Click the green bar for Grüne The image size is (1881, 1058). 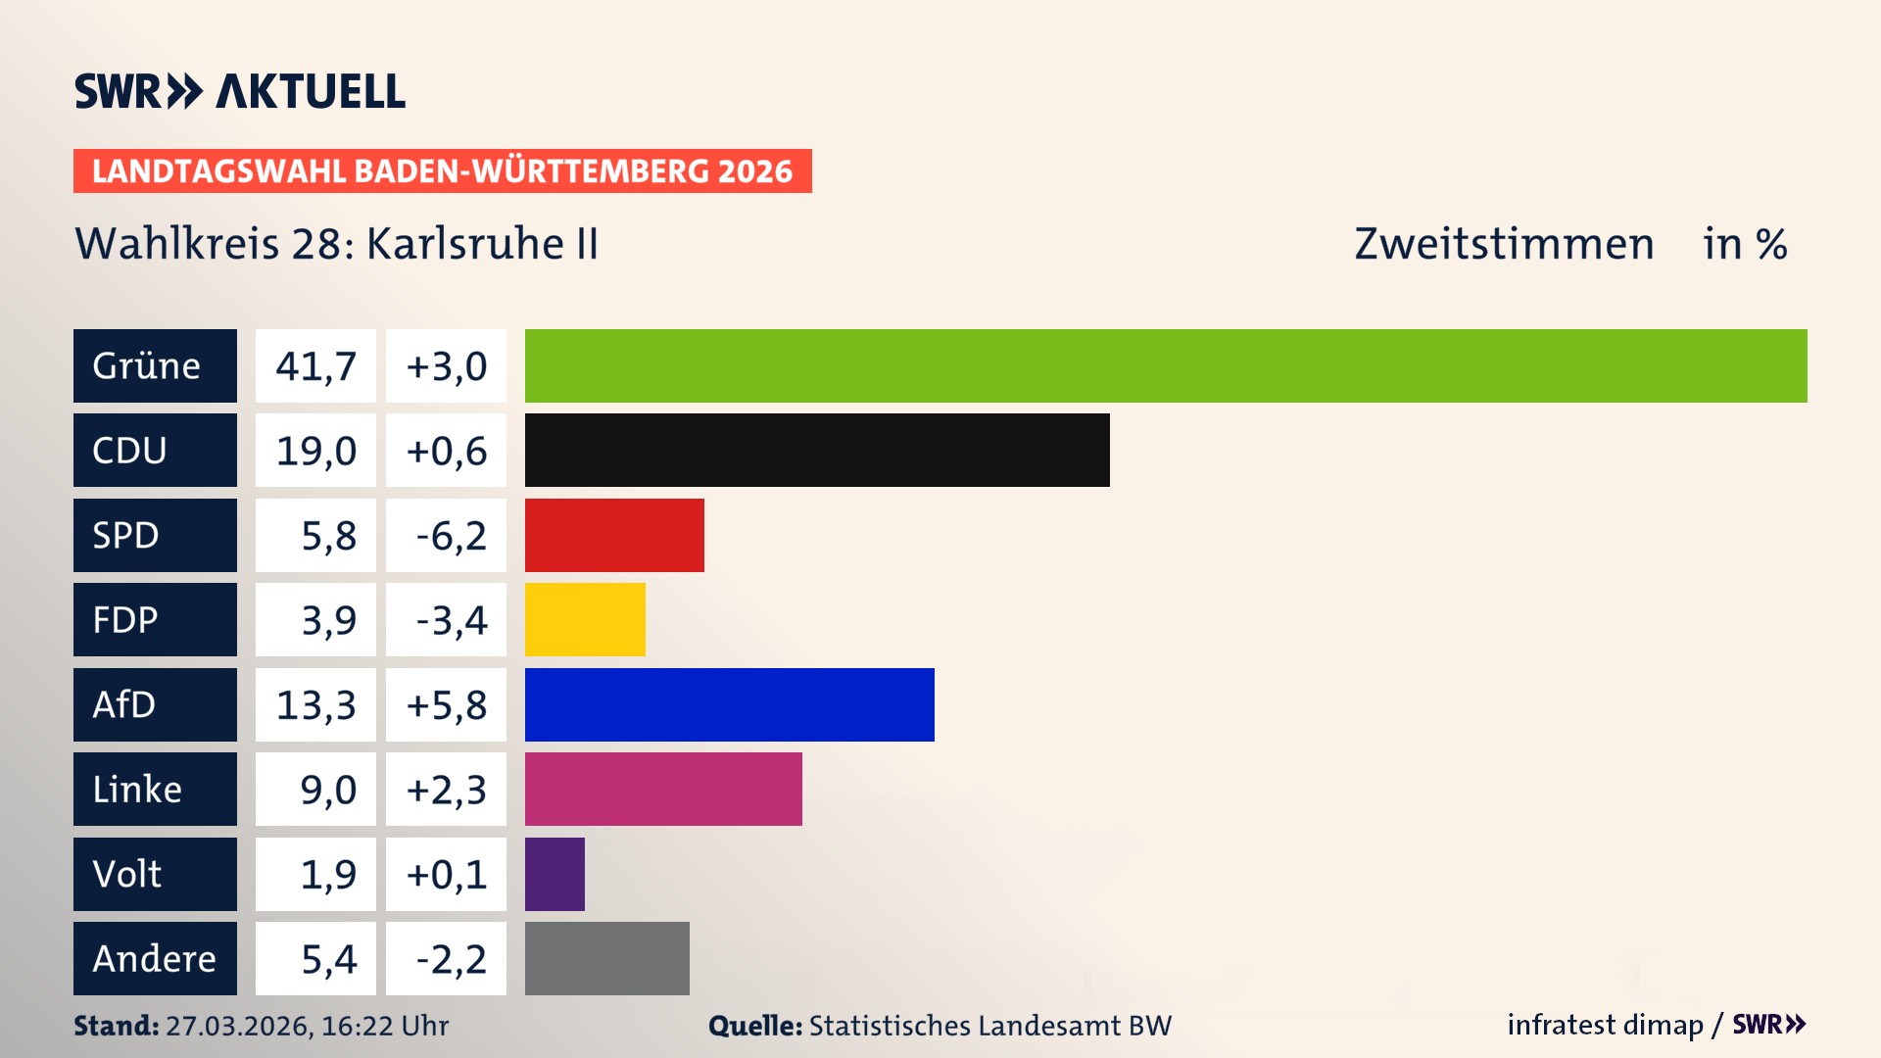pos(1166,365)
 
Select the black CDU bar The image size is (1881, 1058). pos(817,451)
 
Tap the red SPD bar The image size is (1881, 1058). pos(614,535)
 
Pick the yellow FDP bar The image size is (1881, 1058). pos(585,619)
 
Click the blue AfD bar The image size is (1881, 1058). pos(729,704)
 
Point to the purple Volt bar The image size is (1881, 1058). pos(555,874)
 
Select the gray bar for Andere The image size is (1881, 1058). pos(606,958)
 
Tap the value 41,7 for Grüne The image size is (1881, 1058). pos(315,366)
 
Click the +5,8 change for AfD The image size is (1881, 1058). pos(447,705)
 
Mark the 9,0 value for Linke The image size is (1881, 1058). pos(327,790)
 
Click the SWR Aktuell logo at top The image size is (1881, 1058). pos(240,91)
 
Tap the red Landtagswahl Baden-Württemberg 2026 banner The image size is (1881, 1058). pos(442,171)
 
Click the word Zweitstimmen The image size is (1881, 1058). pos(1504,244)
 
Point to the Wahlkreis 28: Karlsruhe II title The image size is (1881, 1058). pos(336,244)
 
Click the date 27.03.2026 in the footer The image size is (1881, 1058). pos(239,1026)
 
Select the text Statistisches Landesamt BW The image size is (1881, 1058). pos(989,1026)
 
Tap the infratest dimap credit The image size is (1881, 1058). pos(1605,1025)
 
